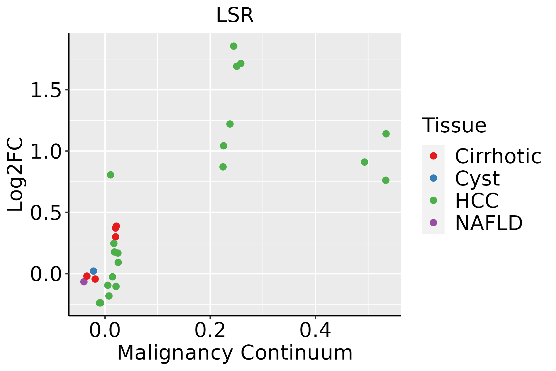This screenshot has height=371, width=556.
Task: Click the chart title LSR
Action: [x=235, y=15]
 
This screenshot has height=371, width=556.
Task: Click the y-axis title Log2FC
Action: [x=15, y=174]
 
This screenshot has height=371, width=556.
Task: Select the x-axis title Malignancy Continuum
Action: [x=235, y=353]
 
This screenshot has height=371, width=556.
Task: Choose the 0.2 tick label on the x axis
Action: [x=210, y=330]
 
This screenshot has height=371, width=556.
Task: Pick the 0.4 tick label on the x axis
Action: [x=315, y=330]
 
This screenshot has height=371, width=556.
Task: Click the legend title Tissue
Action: [x=454, y=126]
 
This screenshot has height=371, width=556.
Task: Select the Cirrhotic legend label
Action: [x=498, y=156]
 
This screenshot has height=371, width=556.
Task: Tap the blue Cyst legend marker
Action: [x=433, y=178]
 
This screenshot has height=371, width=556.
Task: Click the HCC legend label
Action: [x=477, y=200]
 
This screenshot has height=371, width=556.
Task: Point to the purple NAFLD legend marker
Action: [x=433, y=223]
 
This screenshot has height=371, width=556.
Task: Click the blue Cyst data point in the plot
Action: [x=94, y=271]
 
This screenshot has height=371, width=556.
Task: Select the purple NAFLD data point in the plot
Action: [x=84, y=282]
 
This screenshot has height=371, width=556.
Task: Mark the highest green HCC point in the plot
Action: [x=234, y=46]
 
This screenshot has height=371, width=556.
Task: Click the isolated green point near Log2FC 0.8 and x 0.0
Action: [x=111, y=175]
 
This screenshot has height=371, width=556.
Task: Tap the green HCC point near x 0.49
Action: [x=364, y=162]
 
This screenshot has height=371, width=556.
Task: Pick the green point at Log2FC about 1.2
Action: [x=230, y=124]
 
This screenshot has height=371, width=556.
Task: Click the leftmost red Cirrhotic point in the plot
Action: [x=87, y=276]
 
